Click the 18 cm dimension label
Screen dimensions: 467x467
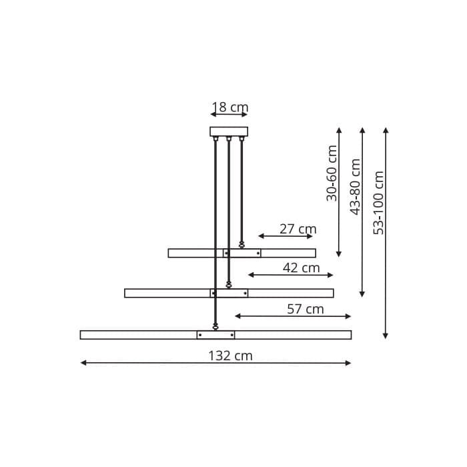[x=230, y=107]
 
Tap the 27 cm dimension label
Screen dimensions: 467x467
[x=298, y=229]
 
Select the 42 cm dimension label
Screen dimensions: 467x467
[x=301, y=268]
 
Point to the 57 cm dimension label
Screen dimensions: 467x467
[x=305, y=309]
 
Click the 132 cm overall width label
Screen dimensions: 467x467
[x=230, y=356]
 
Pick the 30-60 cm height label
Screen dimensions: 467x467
[x=332, y=173]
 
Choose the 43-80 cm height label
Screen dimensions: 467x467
[x=355, y=187]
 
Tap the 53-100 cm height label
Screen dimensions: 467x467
[x=378, y=202]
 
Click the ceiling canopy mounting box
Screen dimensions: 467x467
[x=229, y=131]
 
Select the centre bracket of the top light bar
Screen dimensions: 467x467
[x=242, y=253]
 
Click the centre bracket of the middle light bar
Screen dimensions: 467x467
[x=229, y=293]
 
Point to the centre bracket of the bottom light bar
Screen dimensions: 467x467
[x=215, y=335]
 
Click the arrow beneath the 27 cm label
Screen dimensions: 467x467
[x=285, y=236]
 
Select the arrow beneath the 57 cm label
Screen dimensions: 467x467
[x=292, y=316]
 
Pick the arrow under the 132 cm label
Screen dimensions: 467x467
[x=215, y=363]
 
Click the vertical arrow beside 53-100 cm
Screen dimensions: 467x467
[x=386, y=233]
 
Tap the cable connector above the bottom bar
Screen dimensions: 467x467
[x=215, y=326]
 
